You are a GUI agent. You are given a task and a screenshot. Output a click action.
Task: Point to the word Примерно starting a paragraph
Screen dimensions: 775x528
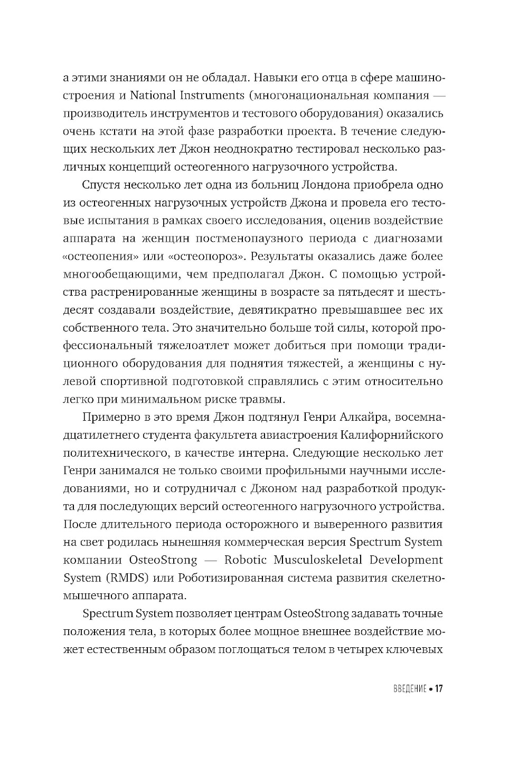(x=107, y=418)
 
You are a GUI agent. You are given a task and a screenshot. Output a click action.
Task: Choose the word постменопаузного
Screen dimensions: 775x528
(x=248, y=239)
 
